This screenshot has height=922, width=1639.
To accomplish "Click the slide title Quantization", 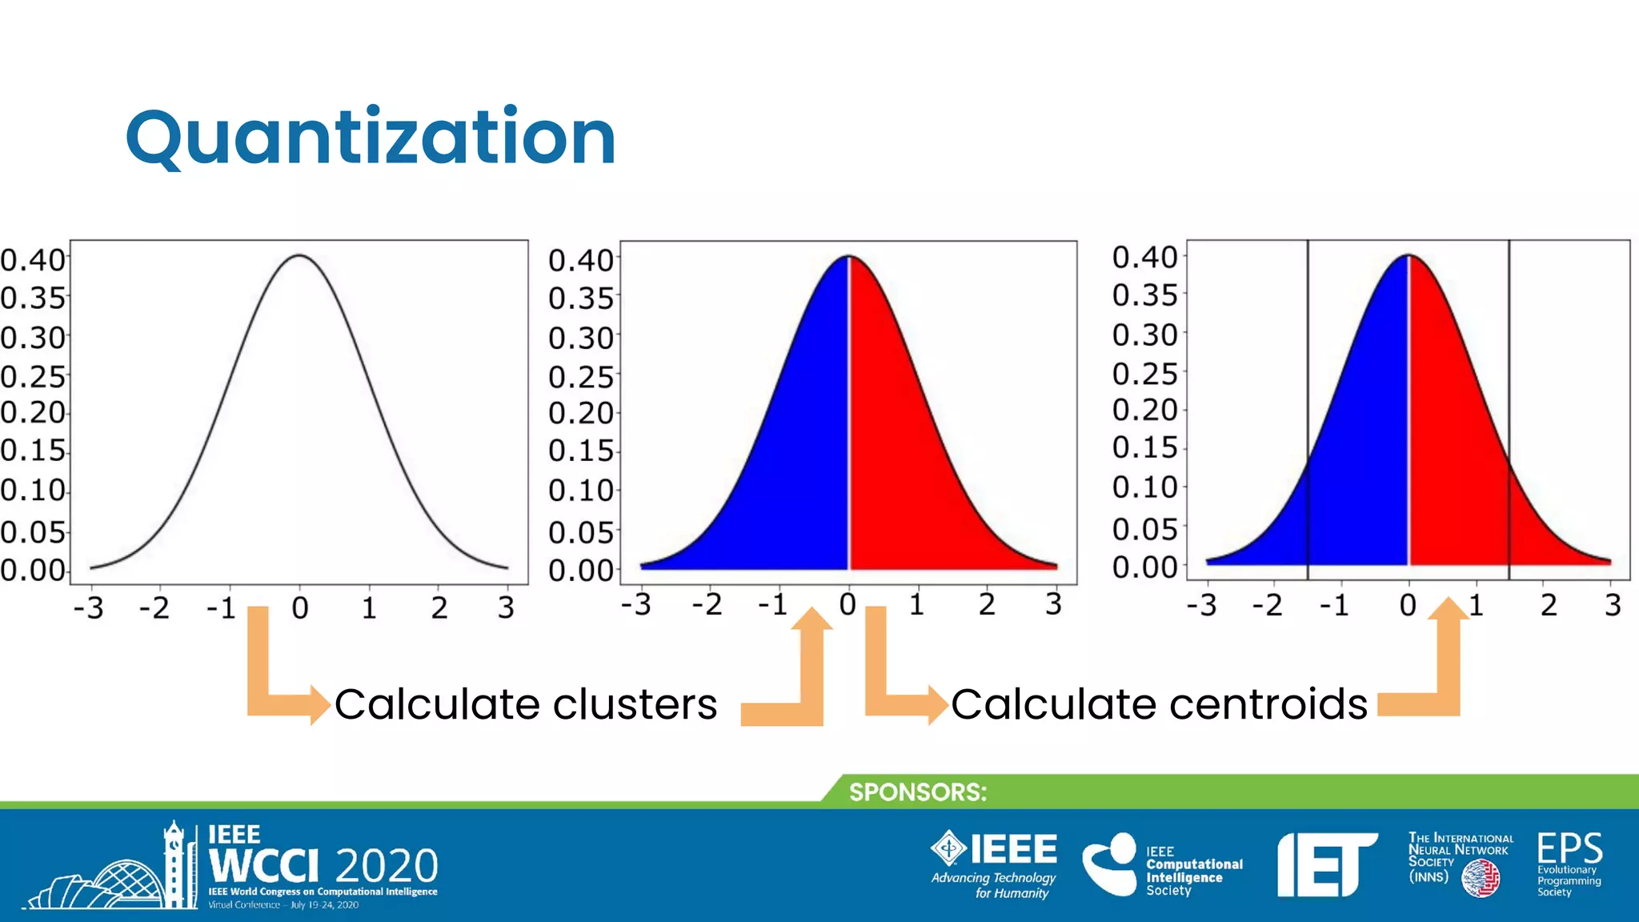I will pyautogui.click(x=371, y=138).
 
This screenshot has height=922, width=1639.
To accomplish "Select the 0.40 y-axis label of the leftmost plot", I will pyautogui.click(x=32, y=260).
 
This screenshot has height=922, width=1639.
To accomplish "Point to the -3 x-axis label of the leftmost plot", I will pyautogui.click(x=88, y=608).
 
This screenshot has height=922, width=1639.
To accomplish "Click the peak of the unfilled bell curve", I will pyautogui.click(x=299, y=255).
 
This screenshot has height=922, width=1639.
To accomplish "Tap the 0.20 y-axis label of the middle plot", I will pyautogui.click(x=580, y=413).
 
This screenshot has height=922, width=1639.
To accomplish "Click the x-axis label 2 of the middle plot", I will pyautogui.click(x=987, y=603).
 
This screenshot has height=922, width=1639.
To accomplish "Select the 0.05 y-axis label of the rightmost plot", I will pyautogui.click(x=1144, y=529).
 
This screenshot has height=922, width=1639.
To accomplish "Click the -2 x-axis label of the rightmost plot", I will pyautogui.click(x=1267, y=605).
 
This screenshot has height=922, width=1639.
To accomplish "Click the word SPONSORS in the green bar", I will pyautogui.click(x=917, y=792).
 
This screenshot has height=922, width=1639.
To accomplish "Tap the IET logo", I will pyautogui.click(x=1325, y=864).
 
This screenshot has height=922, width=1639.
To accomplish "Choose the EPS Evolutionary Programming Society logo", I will pyautogui.click(x=1569, y=863).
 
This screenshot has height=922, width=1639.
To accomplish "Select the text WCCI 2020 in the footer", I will pyautogui.click(x=323, y=865).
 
